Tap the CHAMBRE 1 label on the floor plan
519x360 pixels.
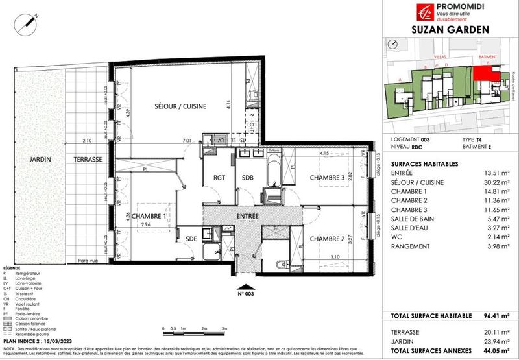150,217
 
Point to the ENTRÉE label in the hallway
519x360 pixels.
247,215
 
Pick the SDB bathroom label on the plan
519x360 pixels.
248,178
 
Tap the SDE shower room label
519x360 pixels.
190,238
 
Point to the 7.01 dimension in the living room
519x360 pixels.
187,140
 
